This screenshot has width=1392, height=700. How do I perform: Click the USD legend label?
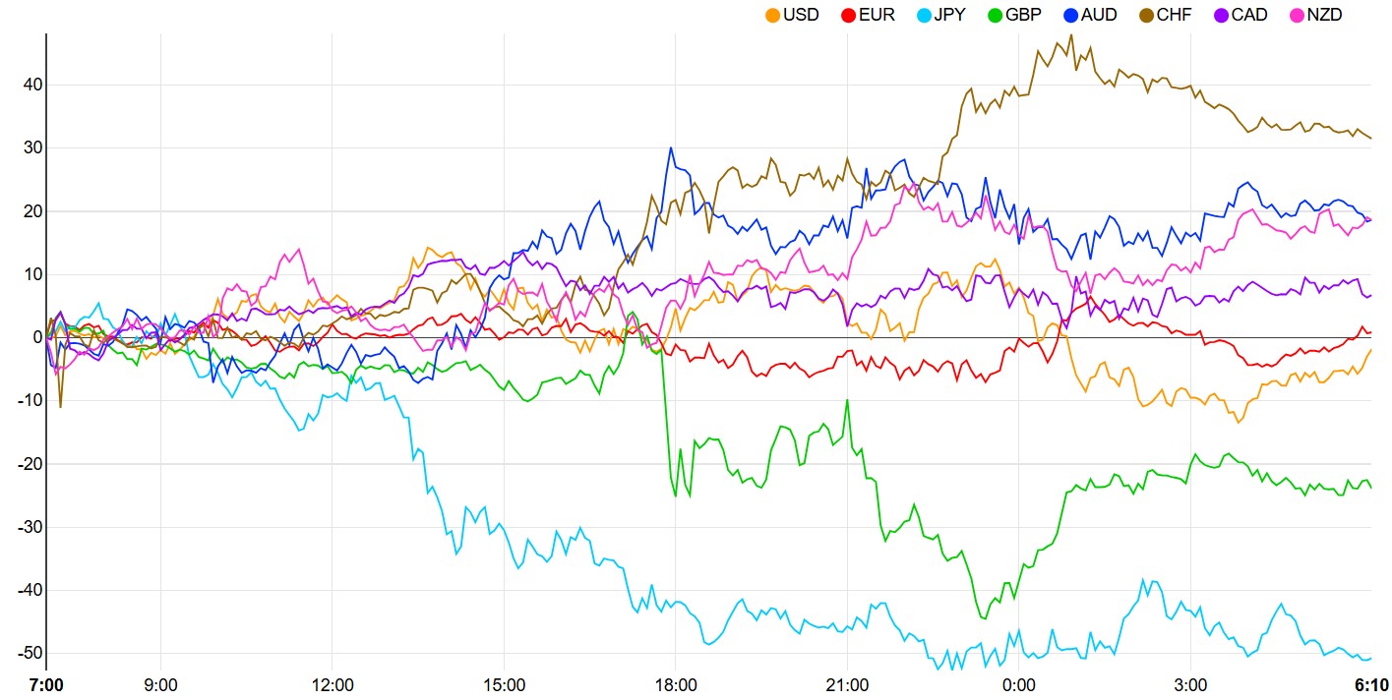[x=801, y=15]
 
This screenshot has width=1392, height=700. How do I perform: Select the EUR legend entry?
[x=877, y=15]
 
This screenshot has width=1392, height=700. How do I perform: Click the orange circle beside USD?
[x=772, y=15]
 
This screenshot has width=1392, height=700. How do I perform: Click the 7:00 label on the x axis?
[x=46, y=684]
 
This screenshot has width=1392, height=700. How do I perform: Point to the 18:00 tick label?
[x=676, y=684]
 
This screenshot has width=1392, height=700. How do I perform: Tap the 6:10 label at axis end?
[x=1370, y=684]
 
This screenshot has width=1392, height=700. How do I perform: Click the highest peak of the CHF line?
[x=1070, y=35]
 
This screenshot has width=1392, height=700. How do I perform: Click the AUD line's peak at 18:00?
[x=671, y=148]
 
